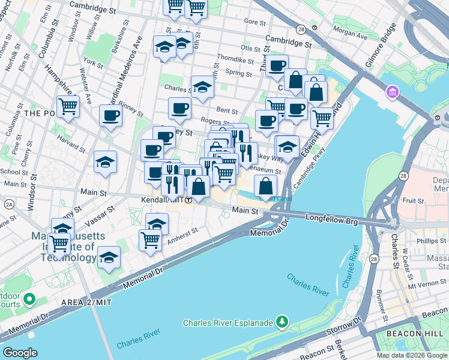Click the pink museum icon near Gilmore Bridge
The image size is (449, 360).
[x=394, y=93]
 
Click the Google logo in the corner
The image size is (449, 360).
[x=20, y=353]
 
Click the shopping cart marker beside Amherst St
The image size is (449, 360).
[x=150, y=240]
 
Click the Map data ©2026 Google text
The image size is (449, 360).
[x=411, y=355]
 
